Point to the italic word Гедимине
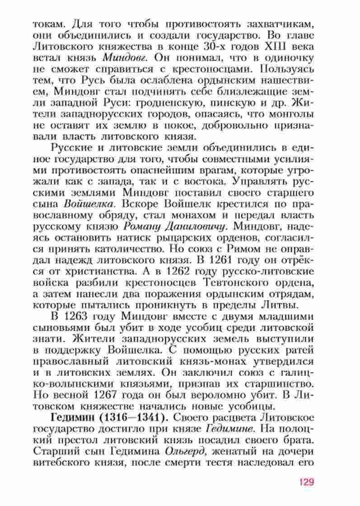click(227, 427)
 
